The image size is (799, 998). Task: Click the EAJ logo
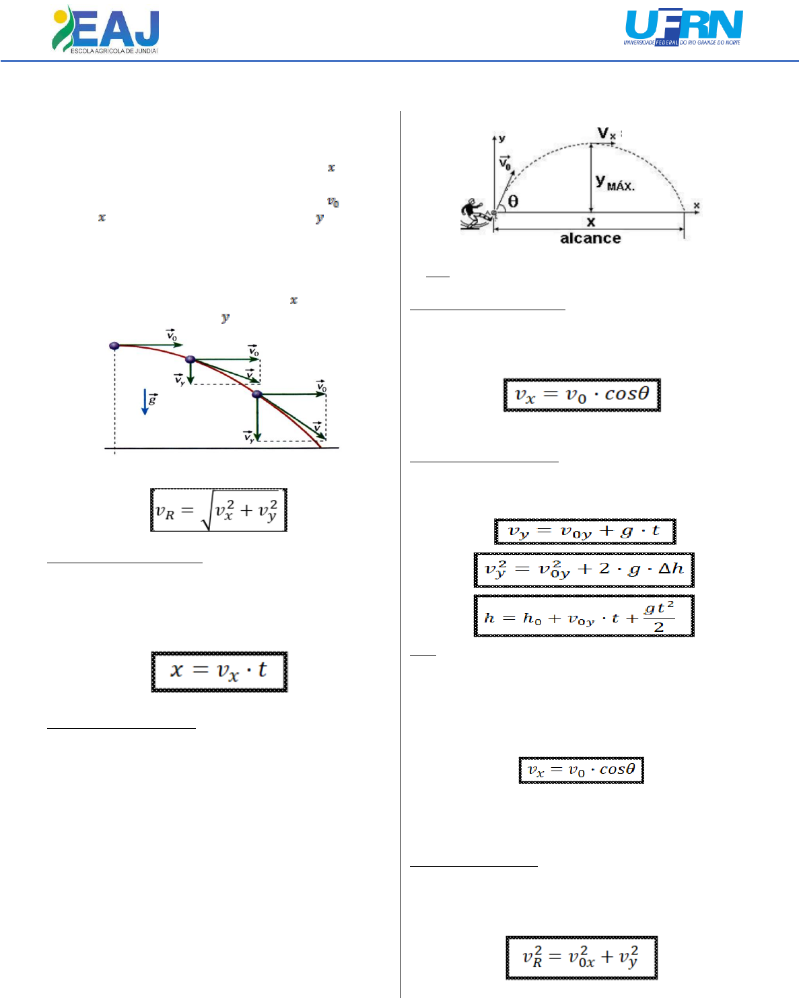(x=106, y=30)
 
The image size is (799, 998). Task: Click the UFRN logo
(x=683, y=28)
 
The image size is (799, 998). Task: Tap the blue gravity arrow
(x=145, y=402)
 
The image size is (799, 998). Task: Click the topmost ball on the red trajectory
(x=114, y=345)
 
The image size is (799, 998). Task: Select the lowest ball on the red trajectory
(x=256, y=394)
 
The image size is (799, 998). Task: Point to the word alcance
(x=590, y=238)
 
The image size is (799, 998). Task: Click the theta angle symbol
(x=514, y=201)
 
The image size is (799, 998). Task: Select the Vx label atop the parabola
(x=606, y=134)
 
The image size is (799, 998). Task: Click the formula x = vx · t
(x=219, y=671)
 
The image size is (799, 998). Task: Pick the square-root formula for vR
(x=219, y=510)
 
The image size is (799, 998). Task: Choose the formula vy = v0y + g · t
(x=584, y=531)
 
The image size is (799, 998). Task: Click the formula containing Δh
(x=584, y=569)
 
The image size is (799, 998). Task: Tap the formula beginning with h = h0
(x=584, y=616)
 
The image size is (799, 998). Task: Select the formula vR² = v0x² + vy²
(x=582, y=957)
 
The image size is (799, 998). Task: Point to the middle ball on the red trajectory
(x=190, y=359)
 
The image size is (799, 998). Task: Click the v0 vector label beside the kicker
(x=505, y=163)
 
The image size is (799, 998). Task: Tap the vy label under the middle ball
(x=180, y=380)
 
